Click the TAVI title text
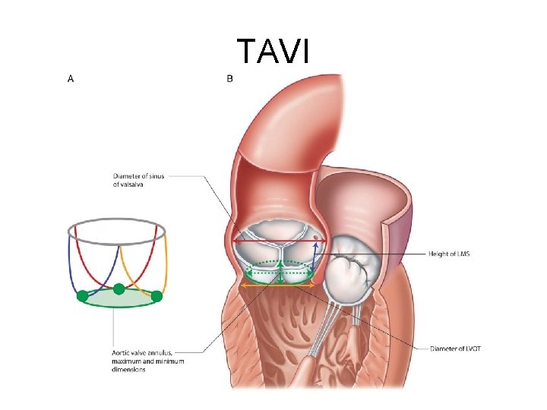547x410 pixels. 273,52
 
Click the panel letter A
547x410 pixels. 71,77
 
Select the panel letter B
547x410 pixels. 230,77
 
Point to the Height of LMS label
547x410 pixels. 449,254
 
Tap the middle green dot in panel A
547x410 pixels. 119,289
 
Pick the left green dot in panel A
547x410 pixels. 82,296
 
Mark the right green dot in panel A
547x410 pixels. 157,296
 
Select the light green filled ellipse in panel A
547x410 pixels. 118,300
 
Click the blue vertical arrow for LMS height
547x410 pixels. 315,258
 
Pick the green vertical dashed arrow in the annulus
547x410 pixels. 280,271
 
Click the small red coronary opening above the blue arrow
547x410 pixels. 315,238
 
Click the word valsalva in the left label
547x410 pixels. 128,184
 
